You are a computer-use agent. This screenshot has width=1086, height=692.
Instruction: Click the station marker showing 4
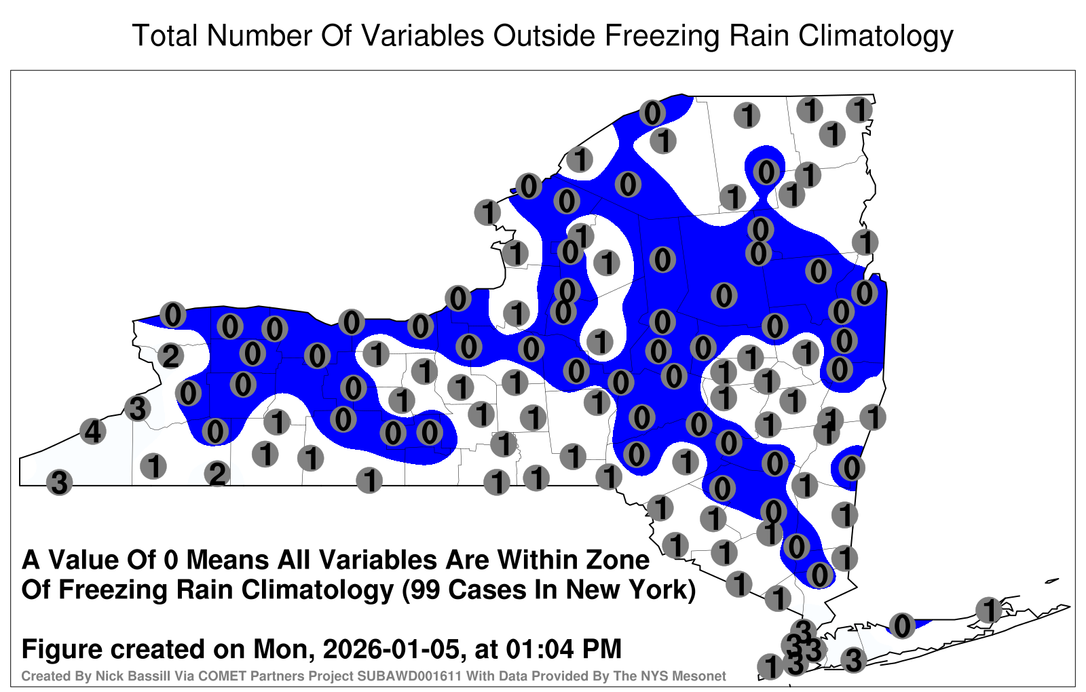pyautogui.click(x=92, y=431)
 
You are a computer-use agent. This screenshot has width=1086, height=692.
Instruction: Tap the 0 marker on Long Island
pyautogui.click(x=902, y=625)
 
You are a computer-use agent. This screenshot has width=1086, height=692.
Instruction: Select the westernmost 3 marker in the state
pyautogui.click(x=59, y=482)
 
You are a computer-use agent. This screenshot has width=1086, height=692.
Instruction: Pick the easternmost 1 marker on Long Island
pyautogui.click(x=988, y=610)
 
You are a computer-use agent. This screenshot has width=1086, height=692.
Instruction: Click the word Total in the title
pyautogui.click(x=165, y=35)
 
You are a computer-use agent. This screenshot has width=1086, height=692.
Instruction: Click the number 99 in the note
pyautogui.click(x=428, y=590)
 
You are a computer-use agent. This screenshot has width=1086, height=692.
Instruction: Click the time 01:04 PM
pyautogui.click(x=564, y=649)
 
